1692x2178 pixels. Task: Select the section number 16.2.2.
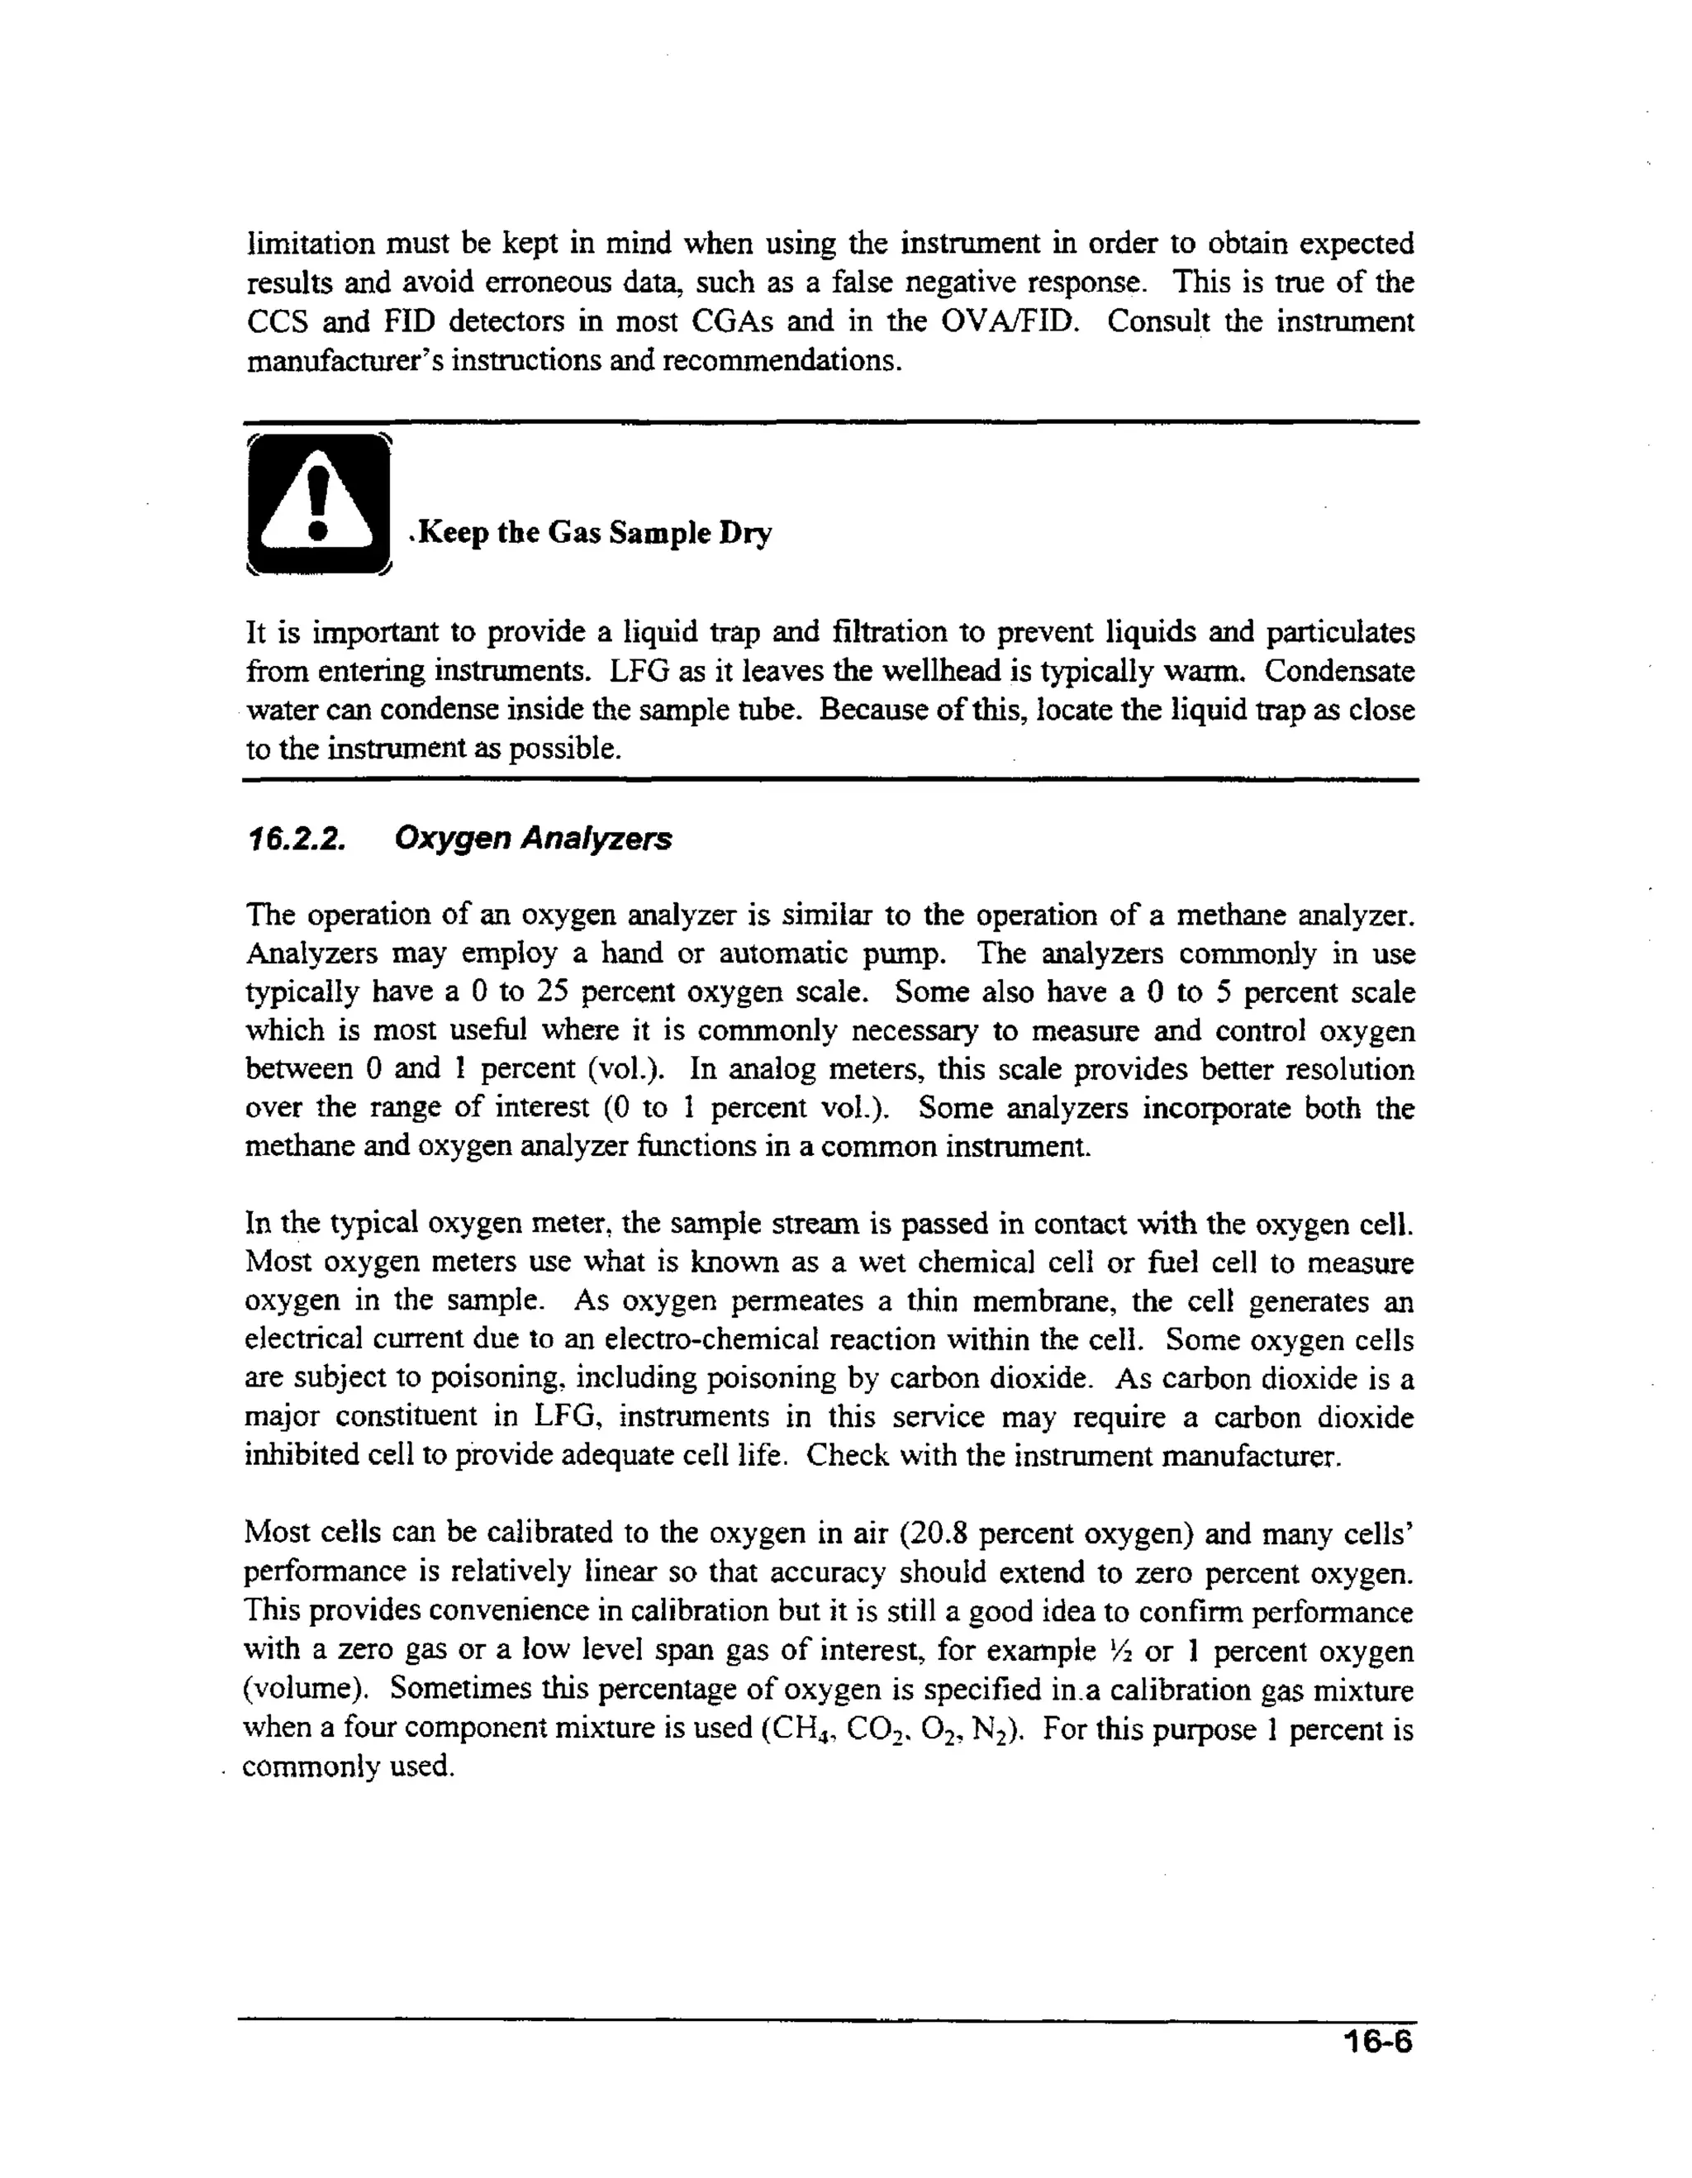click(295, 839)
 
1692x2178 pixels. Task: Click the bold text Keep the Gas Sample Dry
click(594, 533)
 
